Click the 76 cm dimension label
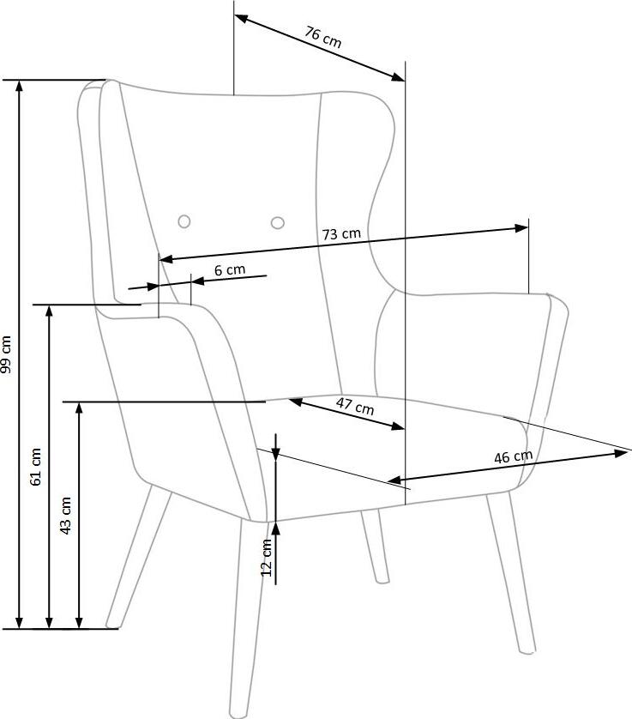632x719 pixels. (323, 38)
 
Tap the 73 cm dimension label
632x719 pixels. (341, 234)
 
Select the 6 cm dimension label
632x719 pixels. (230, 269)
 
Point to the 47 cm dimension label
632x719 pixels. (355, 406)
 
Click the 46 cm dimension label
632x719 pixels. (514, 456)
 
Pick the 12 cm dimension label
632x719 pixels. (267, 558)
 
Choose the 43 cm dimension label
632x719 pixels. (66, 516)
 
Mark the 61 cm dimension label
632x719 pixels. (36, 467)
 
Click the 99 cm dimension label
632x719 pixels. (6, 354)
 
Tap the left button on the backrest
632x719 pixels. (184, 221)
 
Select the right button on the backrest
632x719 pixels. (277, 223)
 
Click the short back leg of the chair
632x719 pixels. (375, 547)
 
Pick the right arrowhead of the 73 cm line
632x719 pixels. (521, 228)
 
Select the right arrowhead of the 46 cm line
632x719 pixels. (620, 453)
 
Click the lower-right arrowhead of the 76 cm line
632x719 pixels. (398, 76)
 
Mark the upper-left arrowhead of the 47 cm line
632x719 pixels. (296, 402)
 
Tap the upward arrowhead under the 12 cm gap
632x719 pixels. (275, 529)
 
